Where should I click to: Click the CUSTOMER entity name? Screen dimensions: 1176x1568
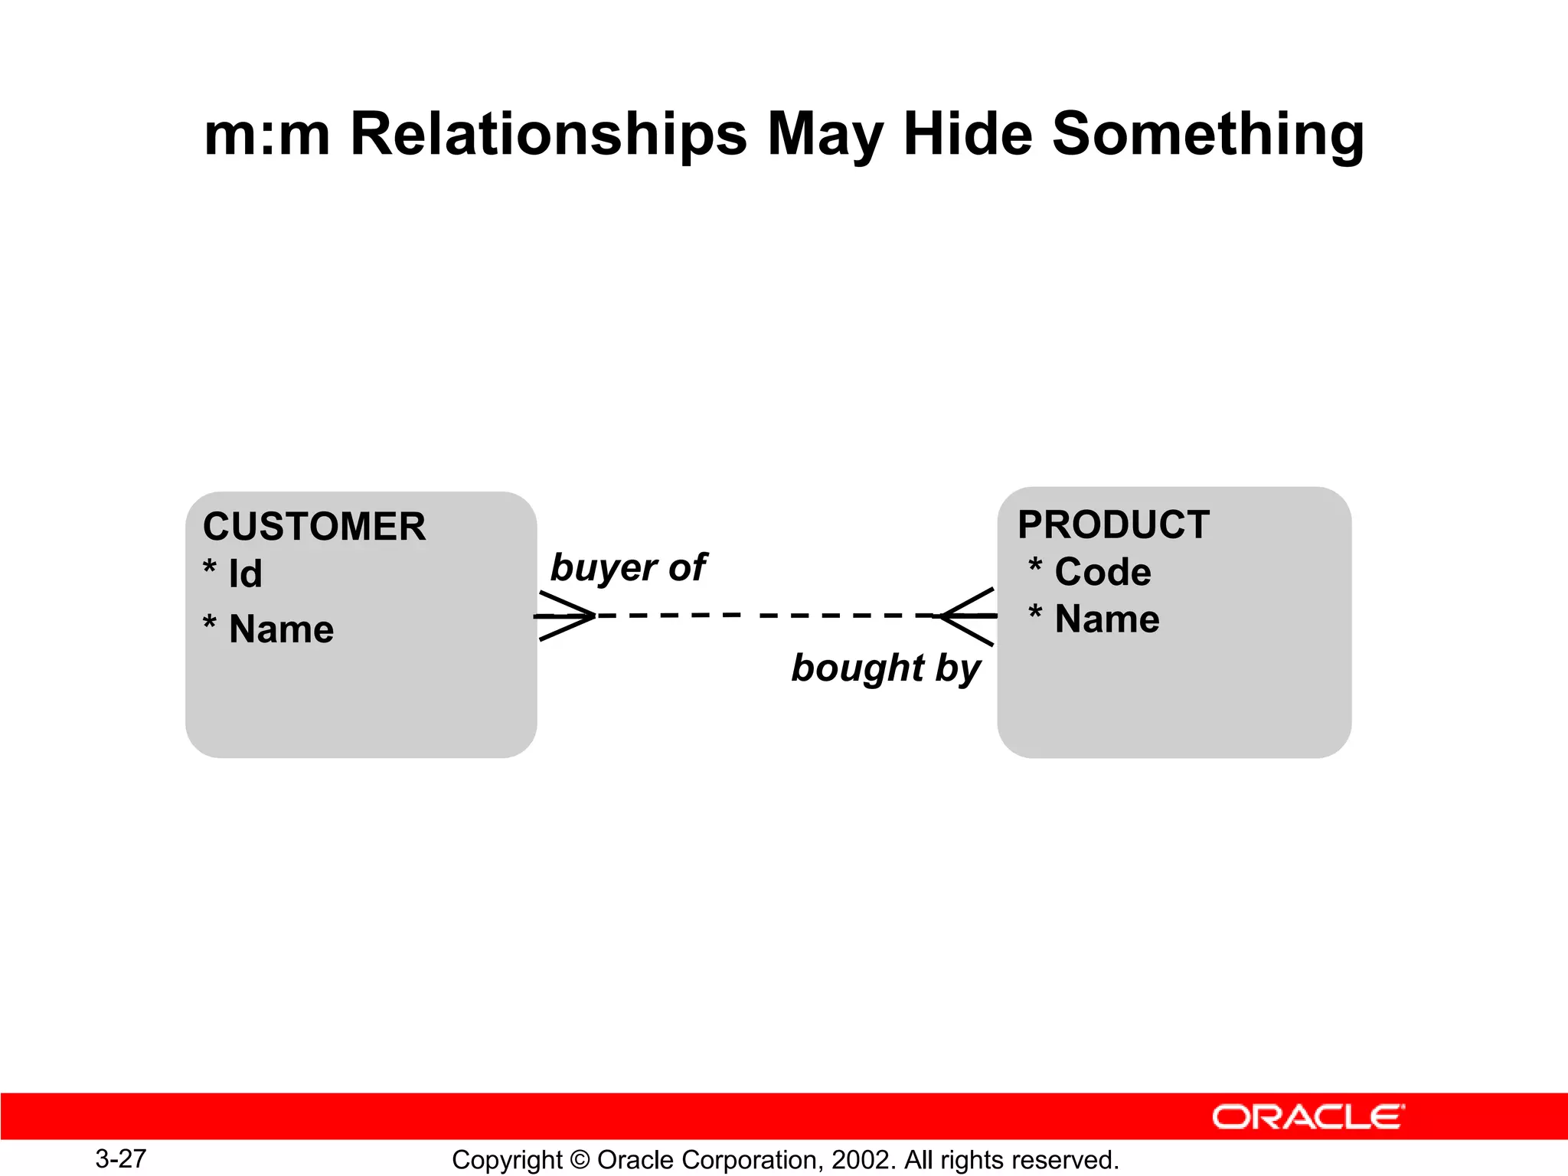coord(314,527)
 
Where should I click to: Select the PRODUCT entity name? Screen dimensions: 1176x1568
coord(1113,525)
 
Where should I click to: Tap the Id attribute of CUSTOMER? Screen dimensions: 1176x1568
coord(245,574)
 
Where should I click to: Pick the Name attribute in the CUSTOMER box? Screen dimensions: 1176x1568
coord(281,629)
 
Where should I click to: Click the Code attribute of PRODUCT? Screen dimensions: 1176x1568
coord(1102,572)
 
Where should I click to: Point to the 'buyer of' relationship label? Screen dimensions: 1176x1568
coord(628,567)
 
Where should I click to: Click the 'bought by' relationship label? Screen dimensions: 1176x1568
coord(886,668)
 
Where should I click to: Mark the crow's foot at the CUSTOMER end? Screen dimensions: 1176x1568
coord(565,616)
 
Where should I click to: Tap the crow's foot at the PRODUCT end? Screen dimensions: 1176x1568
coord(969,616)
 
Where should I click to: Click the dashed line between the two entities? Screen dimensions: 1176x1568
coord(766,615)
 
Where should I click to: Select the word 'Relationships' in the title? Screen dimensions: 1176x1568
coord(548,134)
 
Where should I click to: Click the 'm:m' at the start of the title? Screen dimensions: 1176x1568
coord(266,134)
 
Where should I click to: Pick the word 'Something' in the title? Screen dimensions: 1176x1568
coord(1207,134)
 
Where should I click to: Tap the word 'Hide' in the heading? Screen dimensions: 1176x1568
coord(968,134)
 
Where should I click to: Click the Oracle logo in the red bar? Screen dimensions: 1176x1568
coord(1308,1117)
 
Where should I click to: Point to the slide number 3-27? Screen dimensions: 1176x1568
coord(121,1158)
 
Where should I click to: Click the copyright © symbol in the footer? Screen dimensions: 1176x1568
coord(580,1160)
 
